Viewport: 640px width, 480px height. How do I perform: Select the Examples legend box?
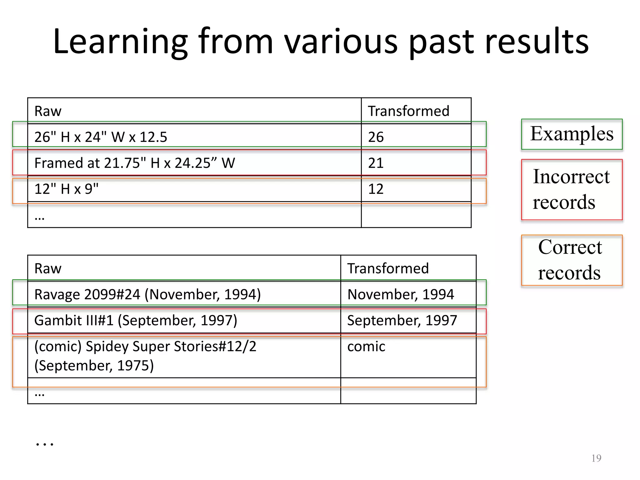pyautogui.click(x=572, y=134)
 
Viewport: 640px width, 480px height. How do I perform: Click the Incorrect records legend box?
pyautogui.click(x=572, y=189)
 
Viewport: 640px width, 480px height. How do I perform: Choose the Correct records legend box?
pyautogui.click(x=572, y=260)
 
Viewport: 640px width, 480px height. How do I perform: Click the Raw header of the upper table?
pyautogui.click(x=48, y=111)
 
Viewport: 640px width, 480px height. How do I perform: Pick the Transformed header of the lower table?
pyautogui.click(x=388, y=268)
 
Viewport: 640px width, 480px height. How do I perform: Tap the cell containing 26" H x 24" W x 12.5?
pyautogui.click(x=101, y=137)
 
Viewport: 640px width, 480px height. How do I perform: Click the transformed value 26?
pyautogui.click(x=376, y=137)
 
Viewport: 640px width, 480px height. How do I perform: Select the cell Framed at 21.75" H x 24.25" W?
pyautogui.click(x=134, y=163)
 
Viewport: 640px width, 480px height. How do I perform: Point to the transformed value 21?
pyautogui.click(x=376, y=163)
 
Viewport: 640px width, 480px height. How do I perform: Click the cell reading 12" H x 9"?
pyautogui.click(x=66, y=189)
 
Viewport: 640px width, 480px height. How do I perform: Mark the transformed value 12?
pyautogui.click(x=376, y=189)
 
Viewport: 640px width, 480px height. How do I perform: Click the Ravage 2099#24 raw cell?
pyautogui.click(x=147, y=294)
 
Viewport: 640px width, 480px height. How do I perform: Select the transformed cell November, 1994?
pyautogui.click(x=400, y=294)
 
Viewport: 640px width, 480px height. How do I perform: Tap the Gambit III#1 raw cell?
pyautogui.click(x=136, y=320)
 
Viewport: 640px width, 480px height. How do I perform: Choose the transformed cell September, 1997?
pyautogui.click(x=402, y=320)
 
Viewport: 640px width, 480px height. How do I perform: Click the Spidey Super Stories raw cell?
pyautogui.click(x=145, y=356)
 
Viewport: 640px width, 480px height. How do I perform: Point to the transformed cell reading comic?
pyautogui.click(x=366, y=347)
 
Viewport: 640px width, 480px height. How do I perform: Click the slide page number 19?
pyautogui.click(x=596, y=458)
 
